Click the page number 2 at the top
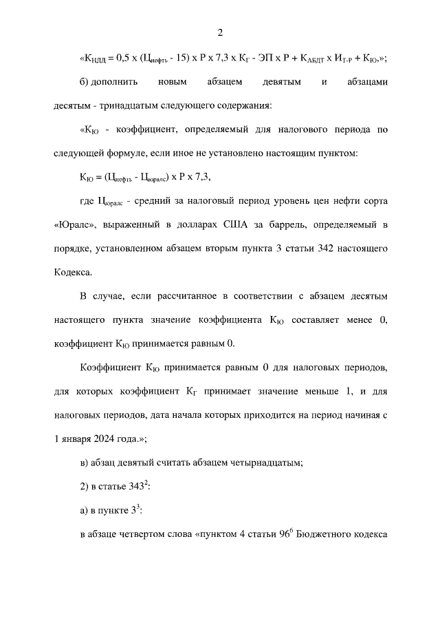[x=219, y=32]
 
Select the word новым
[x=175, y=82]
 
